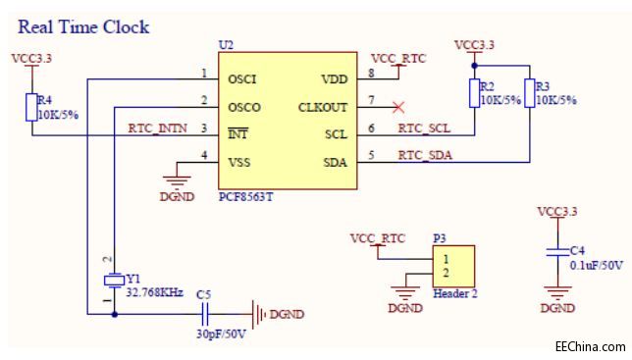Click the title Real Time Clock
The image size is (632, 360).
pyautogui.click(x=83, y=26)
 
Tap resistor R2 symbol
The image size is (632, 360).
pyautogui.click(x=474, y=93)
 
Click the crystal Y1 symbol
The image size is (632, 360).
pyautogui.click(x=113, y=280)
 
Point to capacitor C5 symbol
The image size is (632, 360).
pyautogui.click(x=207, y=314)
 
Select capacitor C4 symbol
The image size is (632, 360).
pyautogui.click(x=557, y=252)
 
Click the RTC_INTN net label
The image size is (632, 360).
pyautogui.click(x=158, y=128)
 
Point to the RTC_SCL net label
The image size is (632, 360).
pyautogui.click(x=424, y=128)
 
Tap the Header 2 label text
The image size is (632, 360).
pyautogui.click(x=455, y=292)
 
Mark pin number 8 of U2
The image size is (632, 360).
pyautogui.click(x=371, y=74)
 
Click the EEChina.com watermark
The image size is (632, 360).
pyautogui.click(x=589, y=346)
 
